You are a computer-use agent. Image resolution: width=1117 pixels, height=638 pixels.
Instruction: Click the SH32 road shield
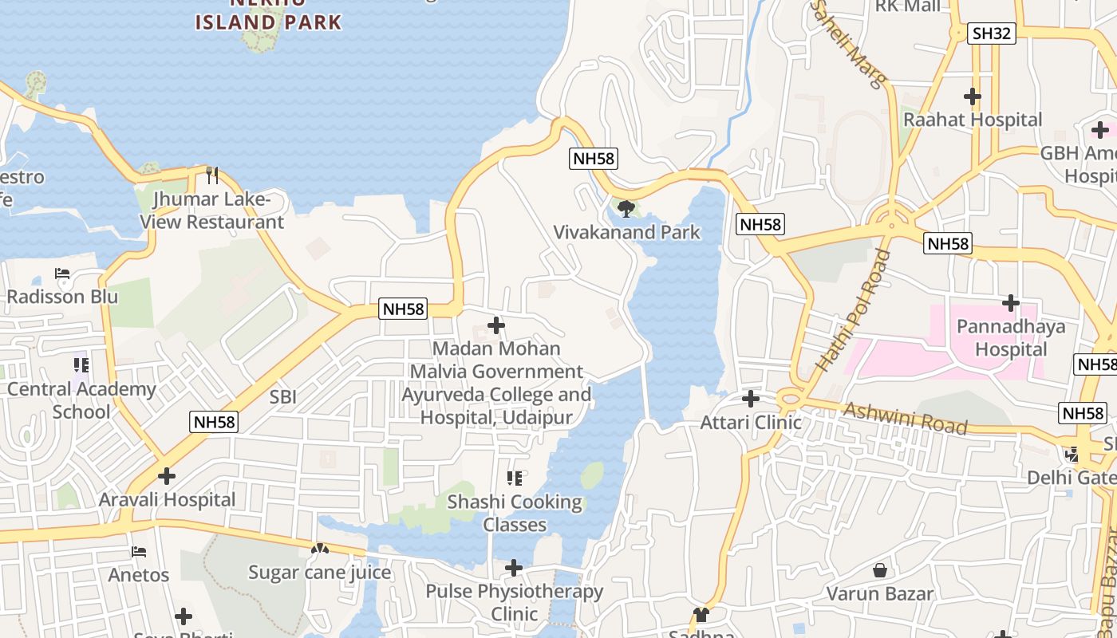[x=992, y=33]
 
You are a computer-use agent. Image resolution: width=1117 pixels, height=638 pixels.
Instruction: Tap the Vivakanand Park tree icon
[x=626, y=209]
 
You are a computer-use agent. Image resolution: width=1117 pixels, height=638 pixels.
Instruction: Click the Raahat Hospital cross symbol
[x=972, y=96]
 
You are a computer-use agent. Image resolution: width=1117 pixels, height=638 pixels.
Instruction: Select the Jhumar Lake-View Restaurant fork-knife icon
[x=212, y=175]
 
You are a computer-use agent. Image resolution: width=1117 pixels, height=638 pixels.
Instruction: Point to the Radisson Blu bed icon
[x=62, y=274]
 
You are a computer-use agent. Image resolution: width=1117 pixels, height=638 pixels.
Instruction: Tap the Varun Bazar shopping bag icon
[x=879, y=570]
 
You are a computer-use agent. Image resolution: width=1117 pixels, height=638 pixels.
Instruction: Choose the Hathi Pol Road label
[x=853, y=310]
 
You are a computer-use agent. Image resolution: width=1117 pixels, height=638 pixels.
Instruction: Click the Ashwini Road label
[x=905, y=418]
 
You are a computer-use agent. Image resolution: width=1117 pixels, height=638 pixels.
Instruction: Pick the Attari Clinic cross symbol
[x=750, y=398]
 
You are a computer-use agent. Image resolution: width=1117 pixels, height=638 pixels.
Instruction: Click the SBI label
[x=283, y=396]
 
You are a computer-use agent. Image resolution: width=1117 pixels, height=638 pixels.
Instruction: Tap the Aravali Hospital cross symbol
[x=166, y=476]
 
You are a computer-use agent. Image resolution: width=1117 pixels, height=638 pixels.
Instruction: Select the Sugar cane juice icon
[x=319, y=549]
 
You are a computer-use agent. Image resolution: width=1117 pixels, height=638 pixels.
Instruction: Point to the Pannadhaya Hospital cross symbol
[x=1010, y=303]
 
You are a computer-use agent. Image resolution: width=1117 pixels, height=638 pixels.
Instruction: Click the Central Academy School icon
[x=81, y=365]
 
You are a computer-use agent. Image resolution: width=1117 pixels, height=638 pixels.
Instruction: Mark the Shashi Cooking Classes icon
[x=515, y=478]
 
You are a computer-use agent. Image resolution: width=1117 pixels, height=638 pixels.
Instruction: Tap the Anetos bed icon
[x=139, y=551]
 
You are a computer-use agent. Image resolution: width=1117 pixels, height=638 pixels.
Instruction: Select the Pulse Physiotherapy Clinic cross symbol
[x=514, y=568]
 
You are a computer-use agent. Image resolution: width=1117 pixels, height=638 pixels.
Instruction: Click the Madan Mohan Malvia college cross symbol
[x=495, y=325]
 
